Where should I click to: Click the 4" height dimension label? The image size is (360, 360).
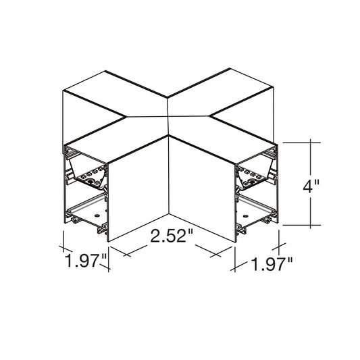pyautogui.click(x=311, y=186)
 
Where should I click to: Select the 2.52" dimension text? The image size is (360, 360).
pyautogui.click(x=172, y=236)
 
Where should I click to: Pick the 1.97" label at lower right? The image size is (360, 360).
pyautogui.click(x=272, y=265)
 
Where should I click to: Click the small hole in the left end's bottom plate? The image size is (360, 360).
pyautogui.click(x=97, y=215)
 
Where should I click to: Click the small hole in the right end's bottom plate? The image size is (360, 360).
pyautogui.click(x=245, y=216)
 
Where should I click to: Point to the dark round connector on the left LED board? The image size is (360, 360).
pyautogui.click(x=90, y=182)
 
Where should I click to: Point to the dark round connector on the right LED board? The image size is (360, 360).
pyautogui.click(x=253, y=182)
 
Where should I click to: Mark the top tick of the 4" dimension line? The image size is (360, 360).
pyautogui.click(x=311, y=143)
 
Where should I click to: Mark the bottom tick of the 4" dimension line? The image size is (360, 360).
pyautogui.click(x=311, y=225)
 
